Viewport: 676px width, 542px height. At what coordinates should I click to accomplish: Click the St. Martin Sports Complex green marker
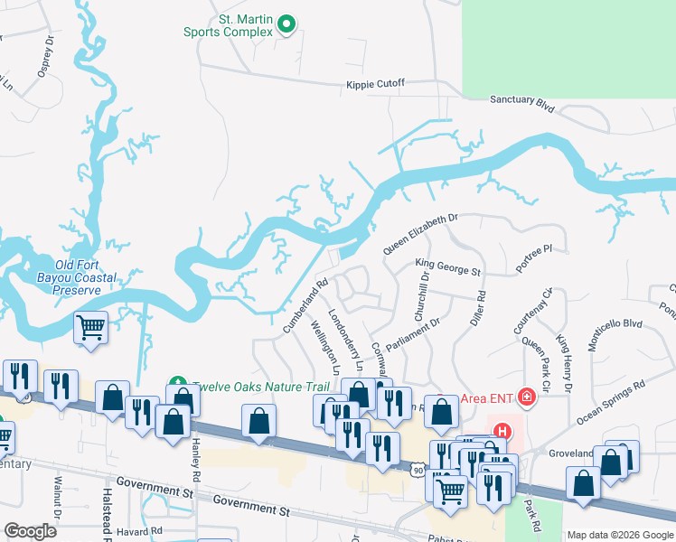coord(287,24)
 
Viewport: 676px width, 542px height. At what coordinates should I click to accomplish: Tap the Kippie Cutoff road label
coord(375,84)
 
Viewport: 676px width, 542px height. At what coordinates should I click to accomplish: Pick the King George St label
coord(448,268)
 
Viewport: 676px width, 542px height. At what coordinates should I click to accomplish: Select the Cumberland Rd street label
coord(305,305)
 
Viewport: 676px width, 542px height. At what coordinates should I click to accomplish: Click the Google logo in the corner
coord(30,531)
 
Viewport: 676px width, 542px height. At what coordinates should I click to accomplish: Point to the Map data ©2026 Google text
coord(619,535)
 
